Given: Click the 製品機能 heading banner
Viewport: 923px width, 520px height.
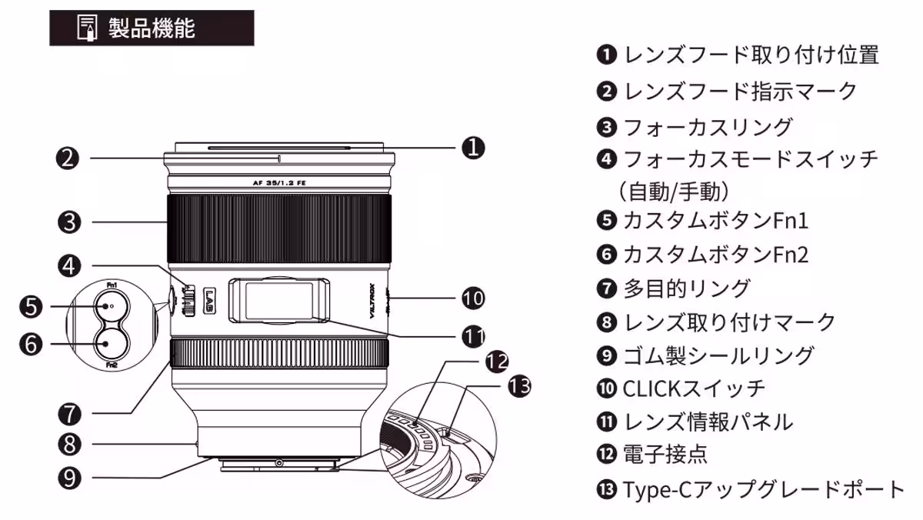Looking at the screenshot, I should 152,28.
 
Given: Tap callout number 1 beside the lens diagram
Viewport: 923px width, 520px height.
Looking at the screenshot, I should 473,147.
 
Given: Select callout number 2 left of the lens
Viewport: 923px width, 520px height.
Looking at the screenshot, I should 69,158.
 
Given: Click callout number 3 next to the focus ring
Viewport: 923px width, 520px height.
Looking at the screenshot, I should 69,222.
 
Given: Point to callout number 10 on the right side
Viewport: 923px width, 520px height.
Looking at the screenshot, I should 473,297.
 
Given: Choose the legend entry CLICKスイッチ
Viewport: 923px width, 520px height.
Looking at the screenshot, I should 691,388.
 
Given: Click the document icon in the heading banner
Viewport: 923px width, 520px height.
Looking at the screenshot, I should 85,28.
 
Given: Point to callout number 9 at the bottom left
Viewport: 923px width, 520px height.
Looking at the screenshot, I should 69,478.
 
